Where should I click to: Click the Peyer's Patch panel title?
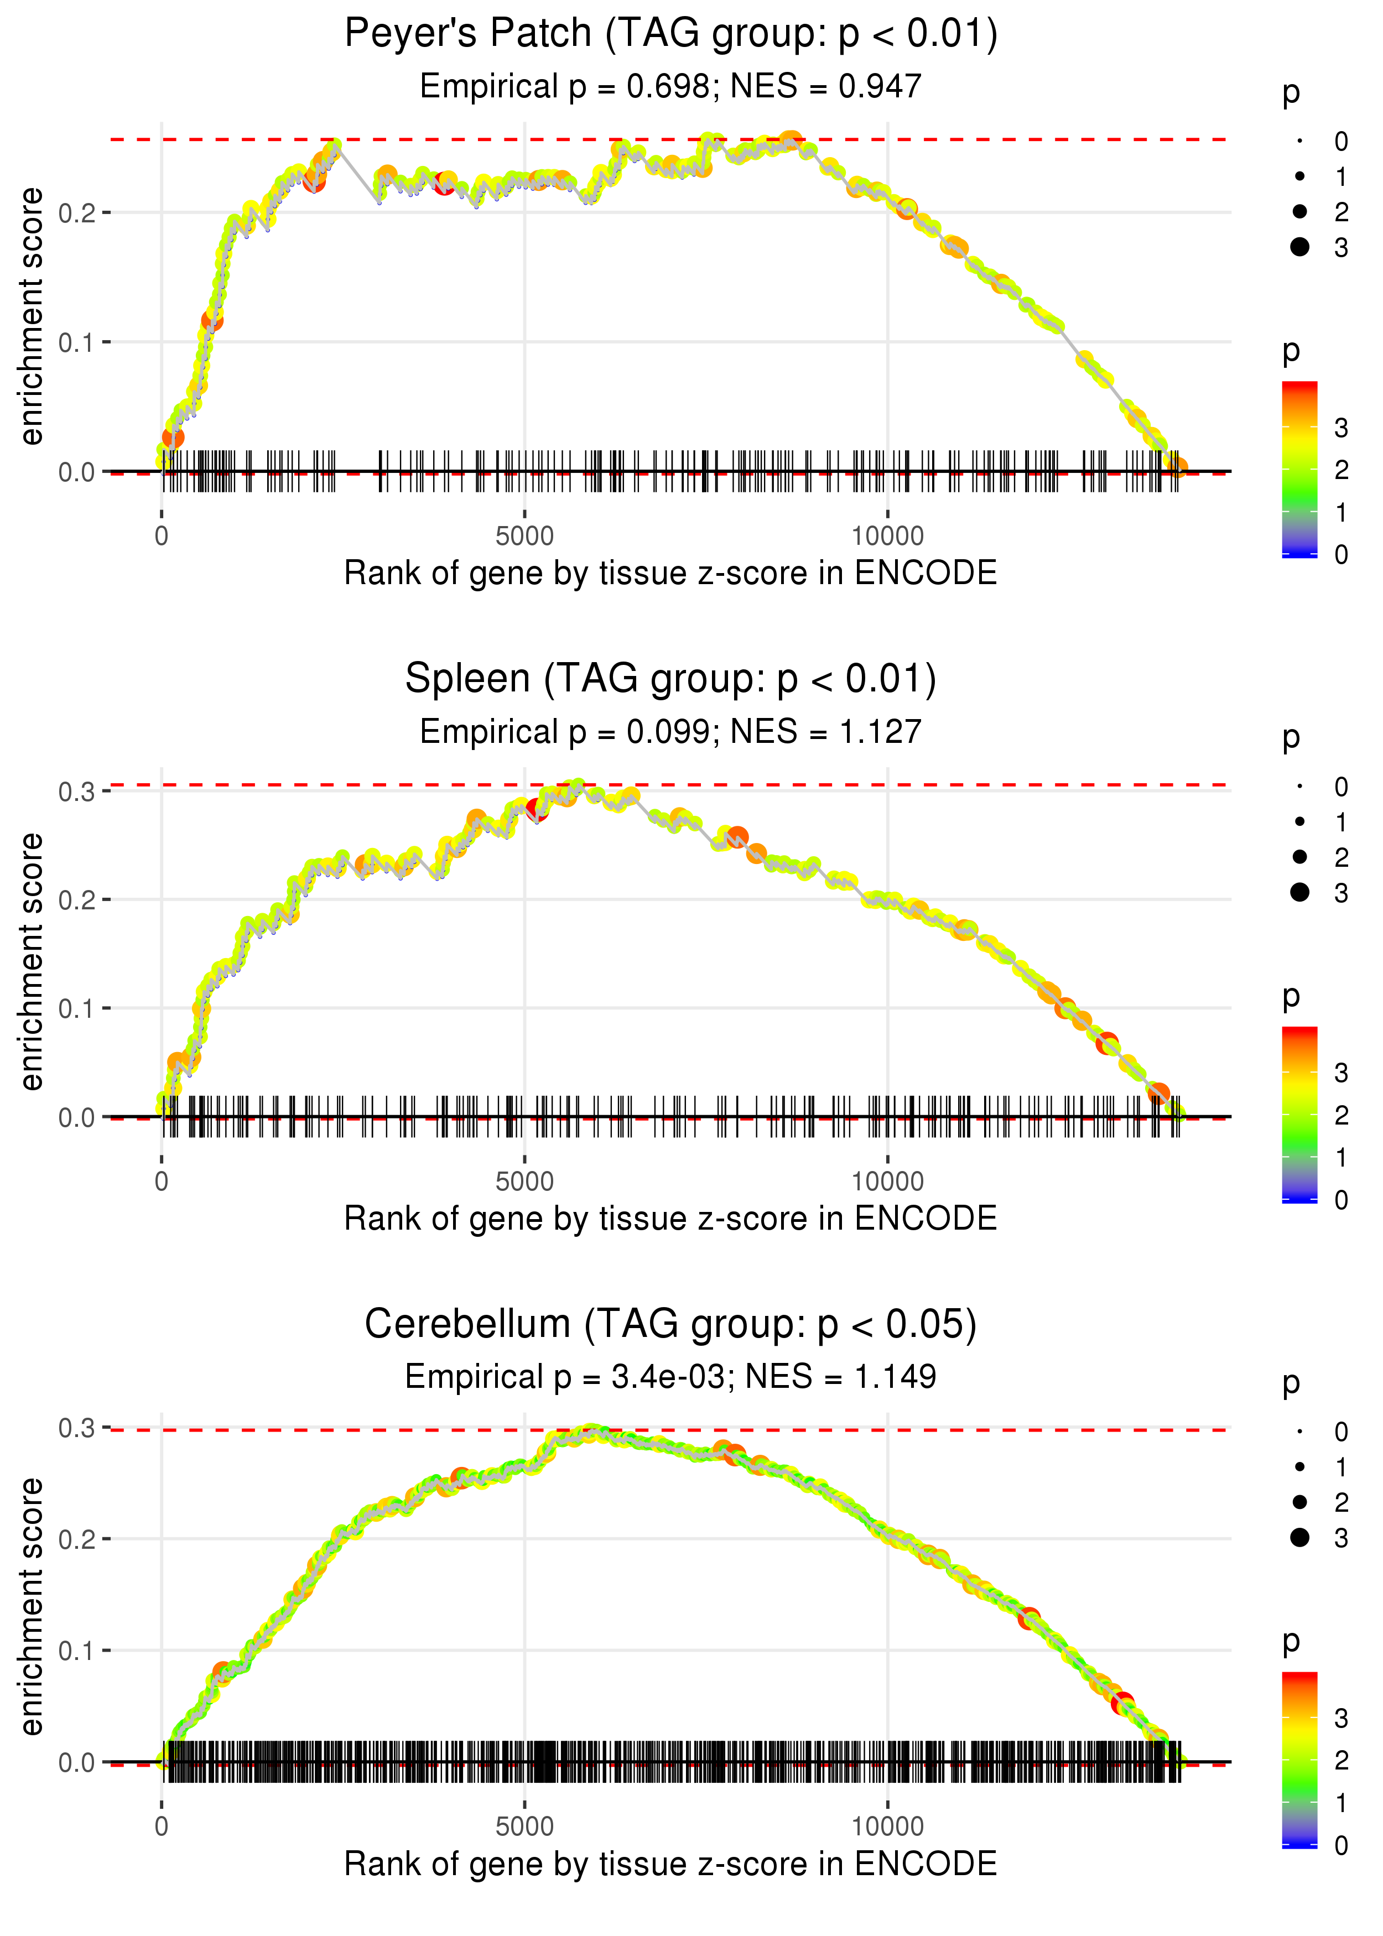[670, 34]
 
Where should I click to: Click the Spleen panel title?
[670, 679]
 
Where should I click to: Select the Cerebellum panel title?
[670, 1324]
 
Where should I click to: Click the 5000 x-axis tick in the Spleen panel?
[524, 1182]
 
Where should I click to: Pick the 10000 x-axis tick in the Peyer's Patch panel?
[887, 537]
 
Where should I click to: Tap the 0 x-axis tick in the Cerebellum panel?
[162, 1826]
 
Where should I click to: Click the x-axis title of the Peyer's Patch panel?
[670, 573]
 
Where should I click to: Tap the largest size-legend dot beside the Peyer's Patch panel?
[1299, 247]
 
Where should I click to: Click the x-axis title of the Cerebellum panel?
[670, 1864]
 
